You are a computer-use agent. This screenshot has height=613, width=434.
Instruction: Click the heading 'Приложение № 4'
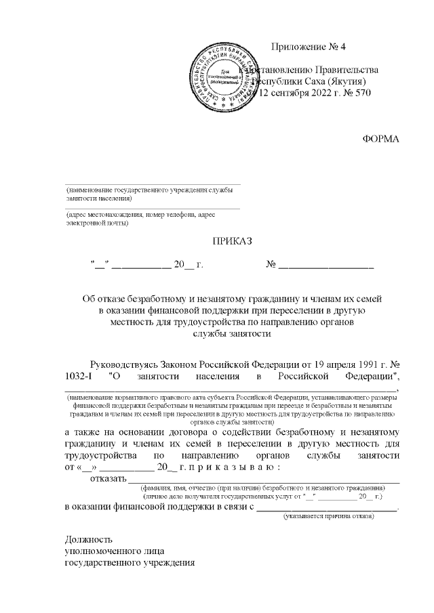click(x=308, y=47)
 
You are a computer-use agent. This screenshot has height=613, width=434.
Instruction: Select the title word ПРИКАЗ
click(x=232, y=240)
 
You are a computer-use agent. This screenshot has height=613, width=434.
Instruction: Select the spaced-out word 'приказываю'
click(x=237, y=467)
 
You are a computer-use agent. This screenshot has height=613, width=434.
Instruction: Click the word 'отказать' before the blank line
click(x=108, y=480)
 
